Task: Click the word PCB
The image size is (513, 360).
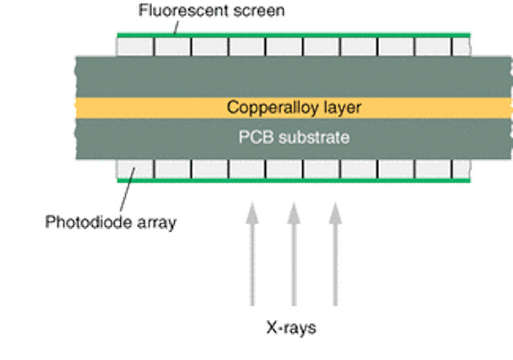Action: [x=255, y=137]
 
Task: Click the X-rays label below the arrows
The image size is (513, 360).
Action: [x=293, y=328]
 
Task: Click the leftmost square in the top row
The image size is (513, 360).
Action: [x=135, y=47]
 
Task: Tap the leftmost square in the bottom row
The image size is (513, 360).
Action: [x=135, y=169]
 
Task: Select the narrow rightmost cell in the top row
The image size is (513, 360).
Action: [x=461, y=47]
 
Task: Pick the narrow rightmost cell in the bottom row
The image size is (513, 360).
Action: [x=461, y=169]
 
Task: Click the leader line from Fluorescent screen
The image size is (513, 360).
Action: [x=178, y=26]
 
